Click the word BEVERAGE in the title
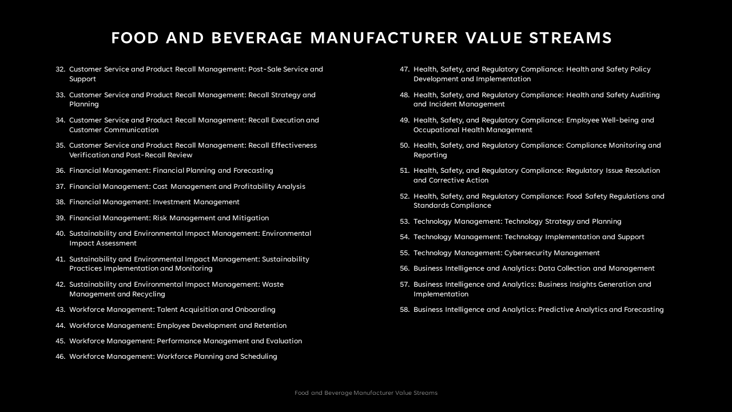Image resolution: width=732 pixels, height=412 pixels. click(257, 38)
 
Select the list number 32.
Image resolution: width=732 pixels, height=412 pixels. click(60, 69)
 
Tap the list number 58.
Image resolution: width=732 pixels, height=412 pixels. click(404, 310)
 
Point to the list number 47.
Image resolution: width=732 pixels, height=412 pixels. click(404, 69)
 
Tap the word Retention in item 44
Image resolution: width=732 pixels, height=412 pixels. click(270, 326)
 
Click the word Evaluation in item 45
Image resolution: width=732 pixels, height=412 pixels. click(284, 341)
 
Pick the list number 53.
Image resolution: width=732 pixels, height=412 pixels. click(404, 221)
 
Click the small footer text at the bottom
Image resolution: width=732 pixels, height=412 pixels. click(366, 393)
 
